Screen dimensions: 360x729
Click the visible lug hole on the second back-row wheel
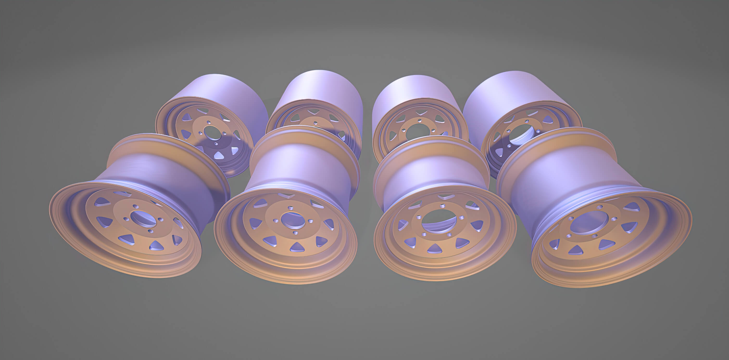pos(315,123)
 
